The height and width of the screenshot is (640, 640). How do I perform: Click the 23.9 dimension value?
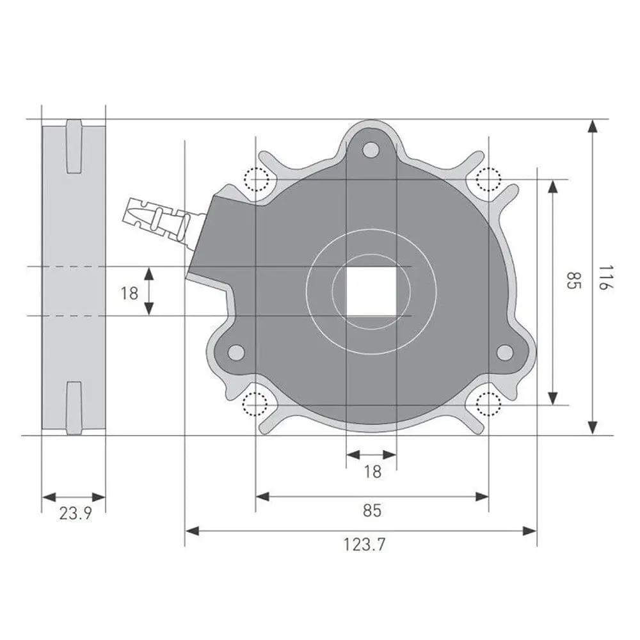click(x=76, y=513)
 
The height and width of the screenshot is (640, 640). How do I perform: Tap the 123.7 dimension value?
click(x=364, y=545)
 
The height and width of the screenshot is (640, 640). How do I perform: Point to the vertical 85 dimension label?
click(x=573, y=280)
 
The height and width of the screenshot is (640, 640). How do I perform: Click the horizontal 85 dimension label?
click(x=372, y=510)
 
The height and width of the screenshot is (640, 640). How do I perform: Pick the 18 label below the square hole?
click(x=372, y=472)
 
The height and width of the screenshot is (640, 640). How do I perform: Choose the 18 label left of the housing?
click(x=129, y=293)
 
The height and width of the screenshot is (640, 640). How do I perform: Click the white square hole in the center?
click(x=371, y=291)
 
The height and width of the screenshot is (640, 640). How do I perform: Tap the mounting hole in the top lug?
click(x=371, y=150)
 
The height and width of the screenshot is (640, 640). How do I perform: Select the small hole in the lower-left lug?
click(x=236, y=352)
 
